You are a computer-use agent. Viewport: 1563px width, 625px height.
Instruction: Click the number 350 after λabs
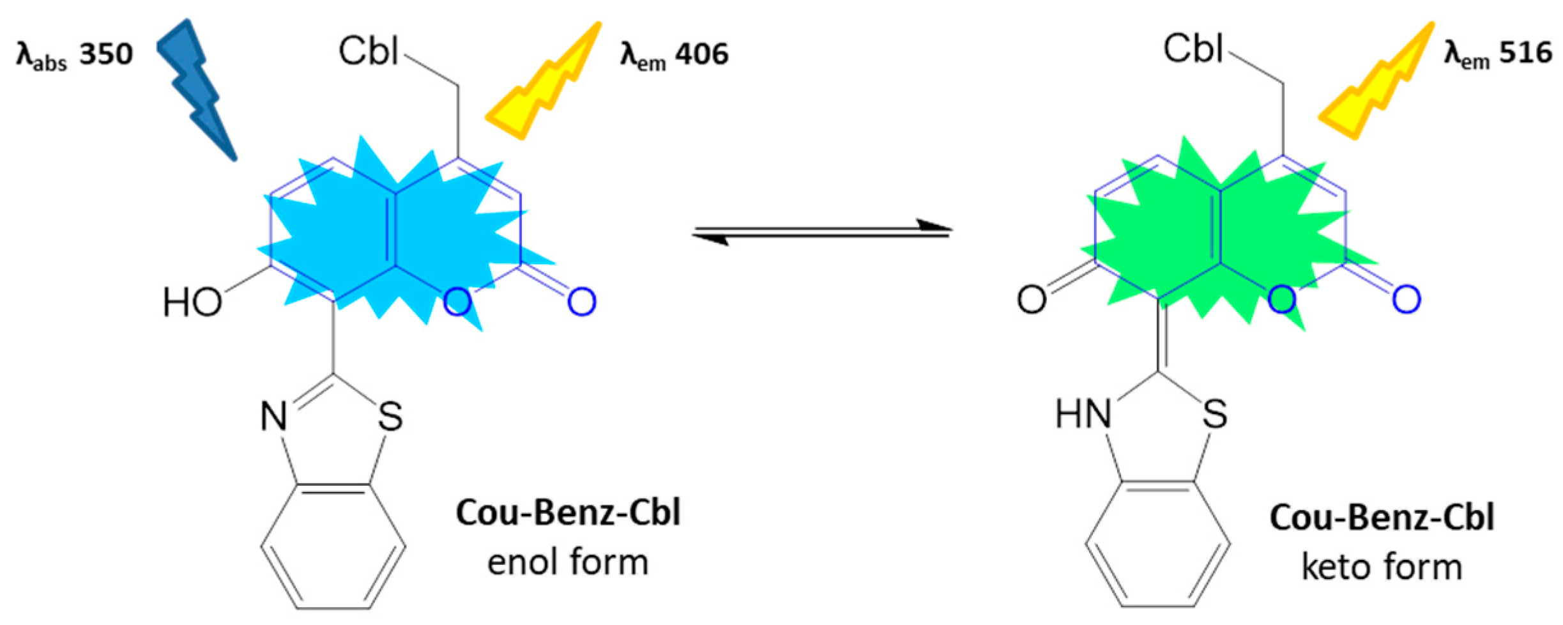(x=105, y=54)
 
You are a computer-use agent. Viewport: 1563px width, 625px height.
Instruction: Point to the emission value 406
(x=702, y=54)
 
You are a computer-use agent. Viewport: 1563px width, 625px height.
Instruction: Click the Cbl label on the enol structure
(x=369, y=51)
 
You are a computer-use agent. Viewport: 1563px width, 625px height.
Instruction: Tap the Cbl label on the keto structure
(x=1193, y=49)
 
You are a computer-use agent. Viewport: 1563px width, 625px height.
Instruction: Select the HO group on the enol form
(x=192, y=302)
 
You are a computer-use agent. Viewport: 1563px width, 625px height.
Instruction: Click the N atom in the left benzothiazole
(x=273, y=417)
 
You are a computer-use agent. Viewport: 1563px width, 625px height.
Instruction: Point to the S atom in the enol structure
(x=390, y=417)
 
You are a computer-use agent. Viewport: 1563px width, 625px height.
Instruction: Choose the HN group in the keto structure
(x=1083, y=414)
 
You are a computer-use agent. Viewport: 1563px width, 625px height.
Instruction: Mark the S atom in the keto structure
(x=1214, y=414)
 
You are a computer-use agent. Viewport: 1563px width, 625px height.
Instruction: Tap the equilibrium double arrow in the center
(x=822, y=232)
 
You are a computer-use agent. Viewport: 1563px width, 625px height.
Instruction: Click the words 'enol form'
(x=568, y=562)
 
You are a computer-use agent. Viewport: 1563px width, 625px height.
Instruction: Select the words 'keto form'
(x=1382, y=567)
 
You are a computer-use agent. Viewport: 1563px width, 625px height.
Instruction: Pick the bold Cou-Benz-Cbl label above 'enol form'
(x=568, y=513)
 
